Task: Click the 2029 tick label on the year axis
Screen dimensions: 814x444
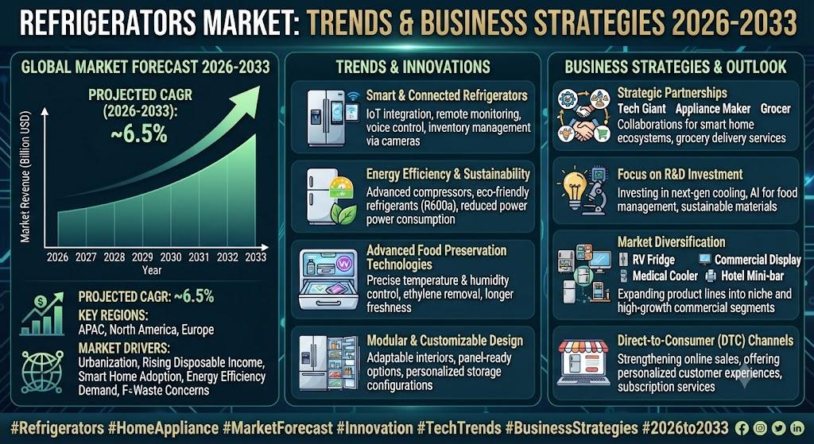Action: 142,257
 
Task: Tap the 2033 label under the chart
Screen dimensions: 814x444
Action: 255,257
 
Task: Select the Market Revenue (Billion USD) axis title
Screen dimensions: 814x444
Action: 25,178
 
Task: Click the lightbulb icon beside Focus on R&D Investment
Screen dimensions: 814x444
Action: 574,187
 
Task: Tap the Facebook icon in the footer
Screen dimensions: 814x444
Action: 742,428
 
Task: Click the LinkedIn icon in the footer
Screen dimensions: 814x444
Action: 797,428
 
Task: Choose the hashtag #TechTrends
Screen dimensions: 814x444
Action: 459,428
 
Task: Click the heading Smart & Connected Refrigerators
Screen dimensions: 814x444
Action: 447,95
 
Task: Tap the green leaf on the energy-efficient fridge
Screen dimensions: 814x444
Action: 343,214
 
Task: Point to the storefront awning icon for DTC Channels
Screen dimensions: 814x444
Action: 582,346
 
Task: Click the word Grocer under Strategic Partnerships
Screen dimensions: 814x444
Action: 775,109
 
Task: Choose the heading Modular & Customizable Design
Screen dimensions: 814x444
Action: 445,341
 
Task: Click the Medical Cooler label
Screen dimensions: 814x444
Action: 665,276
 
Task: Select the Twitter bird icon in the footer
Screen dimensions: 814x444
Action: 778,428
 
